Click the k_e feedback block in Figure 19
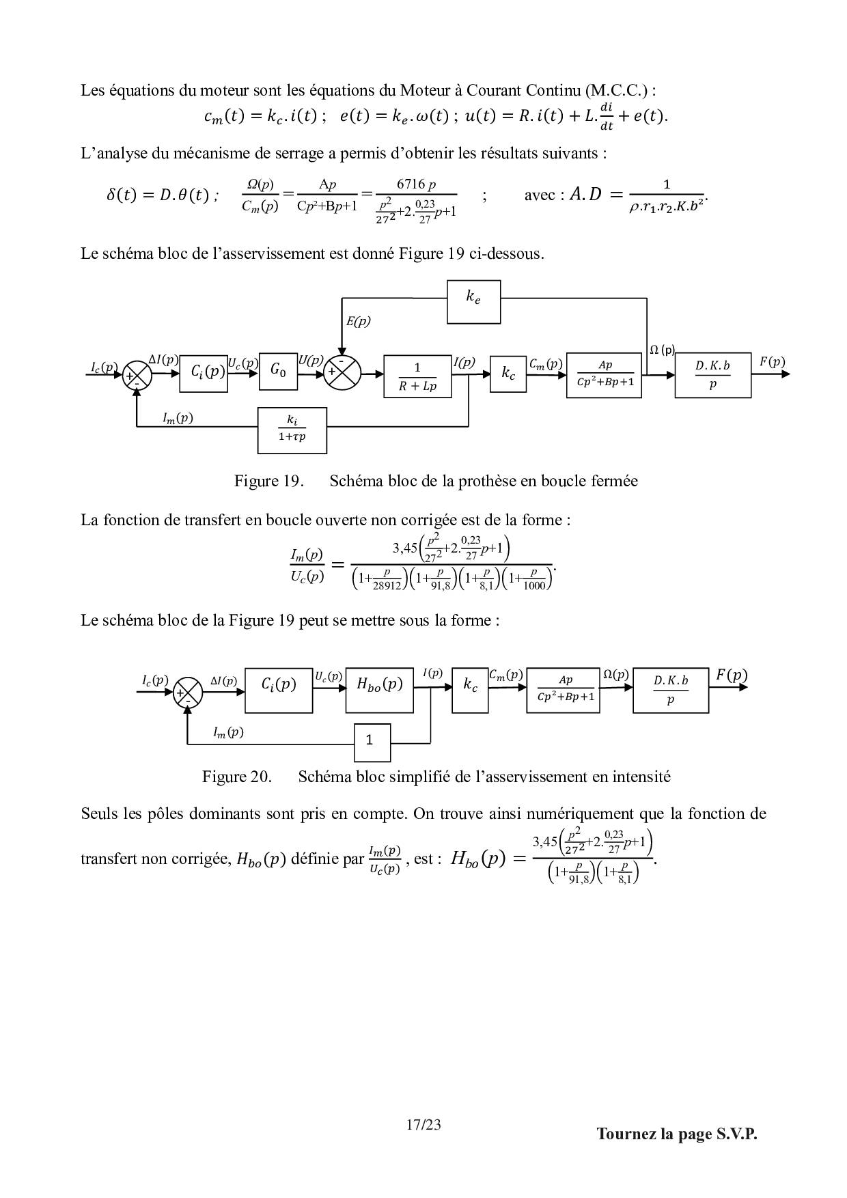click(x=473, y=301)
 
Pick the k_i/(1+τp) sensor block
click(x=292, y=430)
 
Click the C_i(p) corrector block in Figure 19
click(x=204, y=373)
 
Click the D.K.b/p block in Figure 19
click(x=712, y=375)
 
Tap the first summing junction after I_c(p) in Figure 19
click(x=137, y=375)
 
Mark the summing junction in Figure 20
click(x=189, y=693)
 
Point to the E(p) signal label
click(x=358, y=322)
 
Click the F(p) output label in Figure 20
click(x=732, y=675)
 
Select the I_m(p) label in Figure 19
click(x=178, y=418)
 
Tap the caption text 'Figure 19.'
click(x=268, y=481)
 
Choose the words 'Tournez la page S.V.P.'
click(x=677, y=1134)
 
